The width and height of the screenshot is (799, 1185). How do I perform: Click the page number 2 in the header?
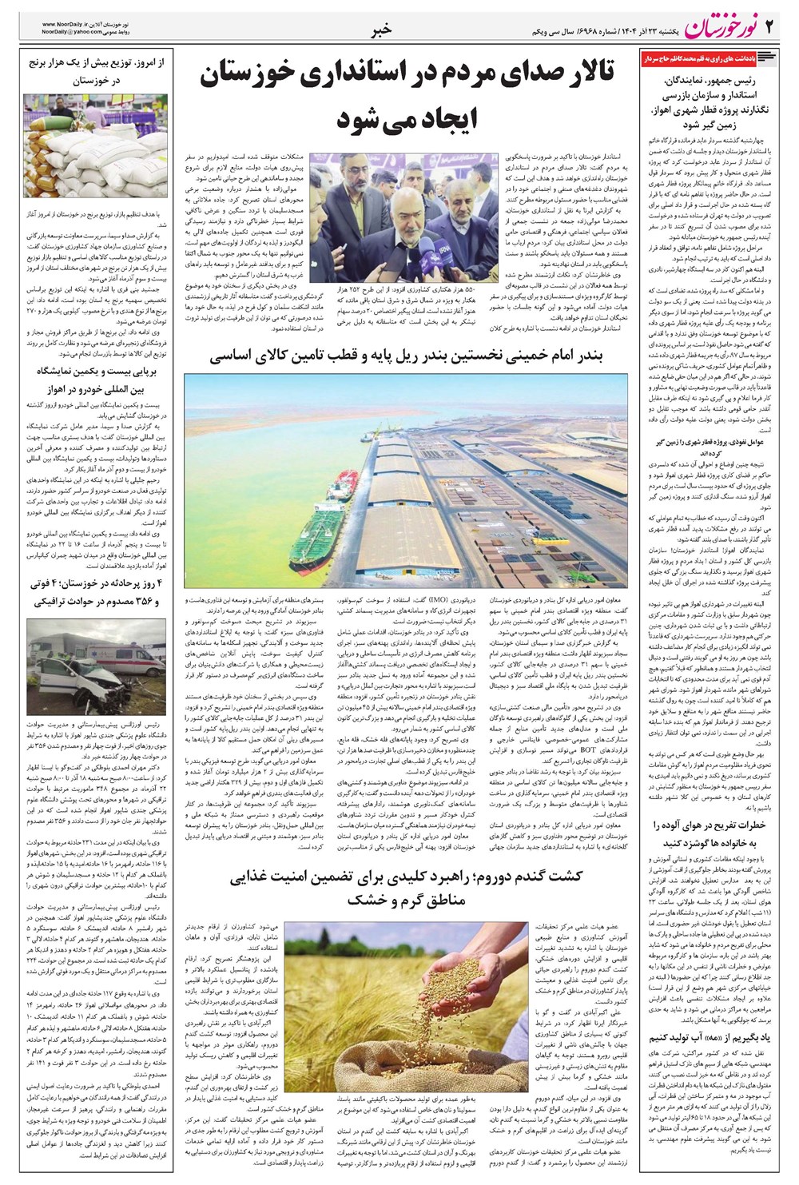(770, 28)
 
